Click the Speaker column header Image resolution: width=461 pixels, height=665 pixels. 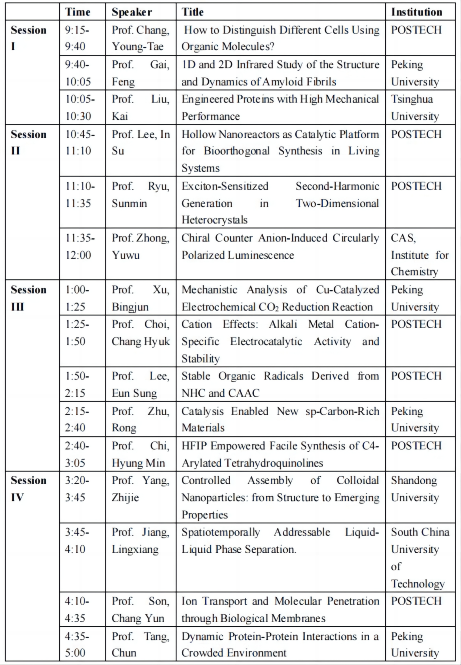132,12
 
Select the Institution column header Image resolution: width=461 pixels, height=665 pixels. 417,12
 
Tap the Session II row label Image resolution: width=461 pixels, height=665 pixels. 28,143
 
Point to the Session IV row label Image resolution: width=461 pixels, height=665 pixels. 28,489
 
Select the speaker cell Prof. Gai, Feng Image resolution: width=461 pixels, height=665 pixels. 141,73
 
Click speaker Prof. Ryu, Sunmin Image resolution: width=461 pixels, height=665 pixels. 141,194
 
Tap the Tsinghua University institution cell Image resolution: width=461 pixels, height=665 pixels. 414,107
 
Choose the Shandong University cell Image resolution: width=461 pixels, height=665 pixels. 414,489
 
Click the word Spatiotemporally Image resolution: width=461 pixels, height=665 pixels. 221,532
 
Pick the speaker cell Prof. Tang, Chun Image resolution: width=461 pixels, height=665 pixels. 141,644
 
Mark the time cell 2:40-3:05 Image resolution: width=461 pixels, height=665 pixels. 77,454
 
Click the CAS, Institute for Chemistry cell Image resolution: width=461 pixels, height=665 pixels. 419,254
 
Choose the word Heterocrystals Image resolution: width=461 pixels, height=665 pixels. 214,220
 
